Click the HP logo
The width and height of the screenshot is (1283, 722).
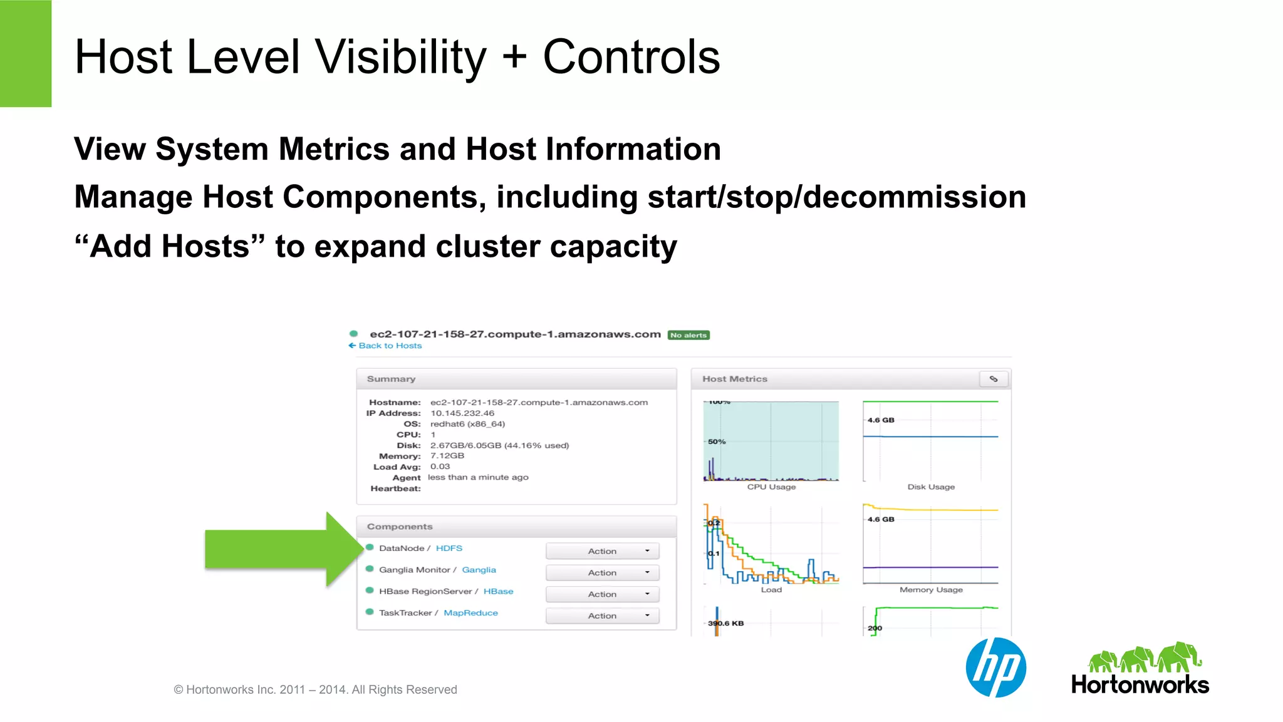tap(995, 668)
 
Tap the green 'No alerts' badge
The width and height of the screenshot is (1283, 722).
tap(688, 335)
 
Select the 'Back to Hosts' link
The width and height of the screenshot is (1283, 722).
tap(385, 346)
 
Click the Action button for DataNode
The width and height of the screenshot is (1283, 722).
tap(602, 551)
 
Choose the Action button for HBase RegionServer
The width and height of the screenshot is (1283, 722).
tap(602, 594)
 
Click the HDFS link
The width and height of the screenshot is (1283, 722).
tap(449, 548)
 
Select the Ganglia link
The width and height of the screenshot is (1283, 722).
tap(479, 570)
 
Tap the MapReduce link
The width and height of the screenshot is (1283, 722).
tap(470, 613)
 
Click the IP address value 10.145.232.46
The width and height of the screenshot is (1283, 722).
tap(462, 413)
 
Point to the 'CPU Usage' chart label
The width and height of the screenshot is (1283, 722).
tap(771, 487)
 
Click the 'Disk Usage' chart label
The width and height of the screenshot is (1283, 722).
tap(931, 487)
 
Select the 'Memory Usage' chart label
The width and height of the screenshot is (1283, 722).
tap(931, 590)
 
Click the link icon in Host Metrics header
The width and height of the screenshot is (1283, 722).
tap(994, 379)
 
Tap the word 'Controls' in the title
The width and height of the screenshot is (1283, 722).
tap(631, 57)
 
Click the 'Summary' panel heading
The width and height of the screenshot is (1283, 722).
tap(391, 379)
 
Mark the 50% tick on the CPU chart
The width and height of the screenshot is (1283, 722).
tap(717, 441)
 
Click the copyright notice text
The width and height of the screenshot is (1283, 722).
tap(315, 689)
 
